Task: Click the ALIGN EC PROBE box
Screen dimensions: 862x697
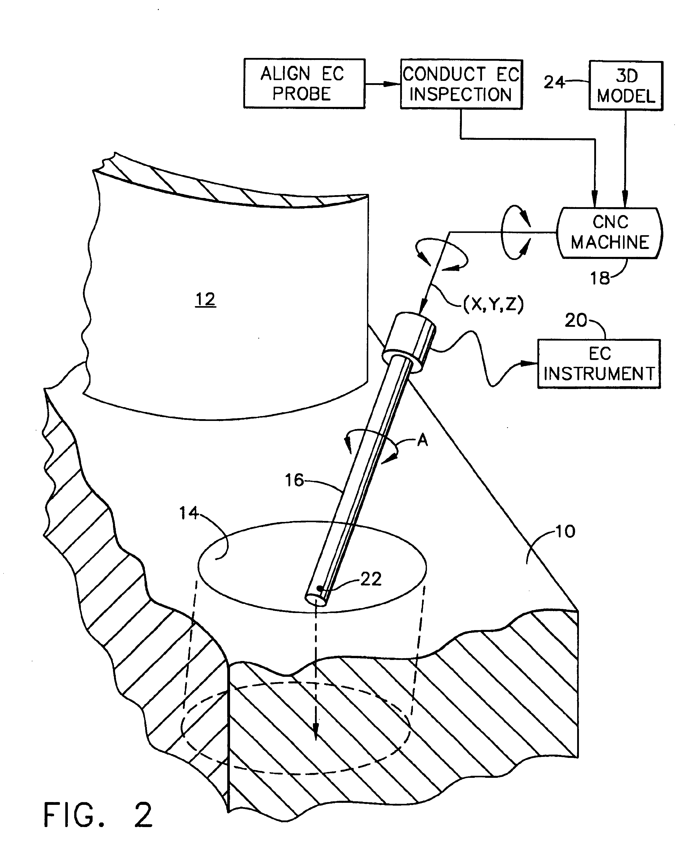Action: (304, 84)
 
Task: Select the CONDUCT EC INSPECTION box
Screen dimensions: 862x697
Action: (461, 84)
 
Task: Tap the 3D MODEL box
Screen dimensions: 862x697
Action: (626, 85)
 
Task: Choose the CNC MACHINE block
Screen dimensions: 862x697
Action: (610, 233)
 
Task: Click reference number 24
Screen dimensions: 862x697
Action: (554, 82)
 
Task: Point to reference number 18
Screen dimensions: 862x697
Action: (599, 278)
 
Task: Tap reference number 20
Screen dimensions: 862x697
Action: (576, 320)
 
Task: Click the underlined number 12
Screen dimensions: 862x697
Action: (205, 299)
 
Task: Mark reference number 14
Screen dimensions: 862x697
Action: (188, 513)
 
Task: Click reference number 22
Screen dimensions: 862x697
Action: (371, 579)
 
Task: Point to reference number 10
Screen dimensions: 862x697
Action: (565, 531)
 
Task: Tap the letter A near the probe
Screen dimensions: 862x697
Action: (422, 441)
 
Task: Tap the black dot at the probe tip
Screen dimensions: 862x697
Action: (320, 589)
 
